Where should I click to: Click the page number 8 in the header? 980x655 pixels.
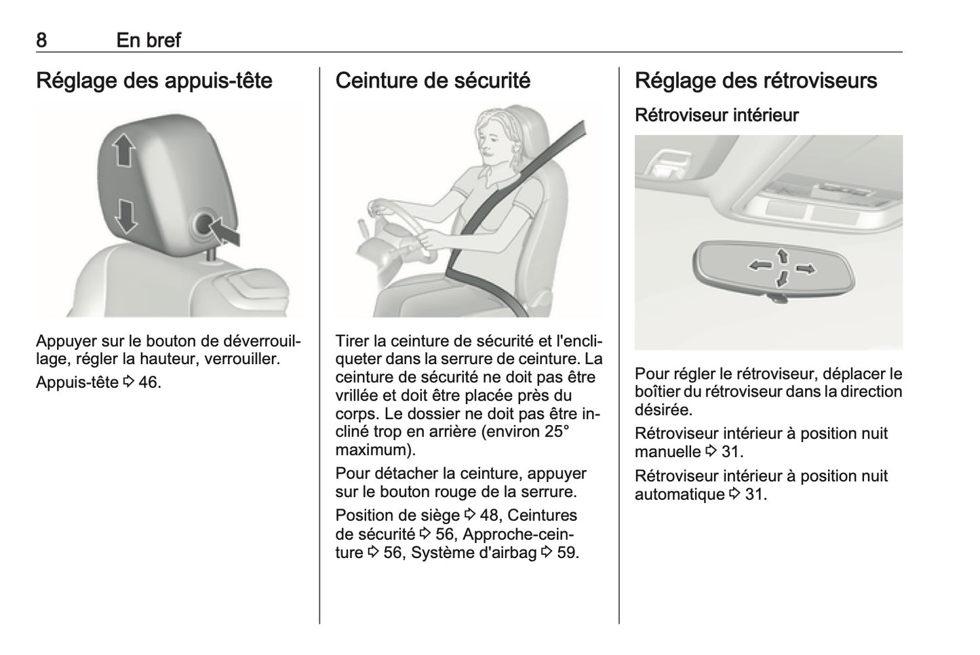pyautogui.click(x=41, y=40)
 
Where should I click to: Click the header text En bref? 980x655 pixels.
pyautogui.click(x=149, y=40)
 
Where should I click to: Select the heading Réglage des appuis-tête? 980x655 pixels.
pyautogui.click(x=154, y=81)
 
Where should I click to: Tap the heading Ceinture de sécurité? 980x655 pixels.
pyautogui.click(x=433, y=81)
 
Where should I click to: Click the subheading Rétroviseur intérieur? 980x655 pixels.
pyautogui.click(x=716, y=115)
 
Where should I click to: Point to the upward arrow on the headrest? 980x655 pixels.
pyautogui.click(x=123, y=150)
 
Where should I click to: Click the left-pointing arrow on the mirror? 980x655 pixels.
pyautogui.click(x=757, y=265)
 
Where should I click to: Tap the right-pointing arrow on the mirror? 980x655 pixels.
pyautogui.click(x=805, y=269)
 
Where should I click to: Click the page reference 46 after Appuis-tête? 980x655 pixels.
pyautogui.click(x=149, y=382)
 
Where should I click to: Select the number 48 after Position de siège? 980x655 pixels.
pyautogui.click(x=488, y=515)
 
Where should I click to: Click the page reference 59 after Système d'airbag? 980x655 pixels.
pyautogui.click(x=566, y=553)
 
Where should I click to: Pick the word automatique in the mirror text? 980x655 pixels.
pyautogui.click(x=680, y=495)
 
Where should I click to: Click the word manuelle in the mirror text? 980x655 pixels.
pyautogui.click(x=667, y=452)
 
